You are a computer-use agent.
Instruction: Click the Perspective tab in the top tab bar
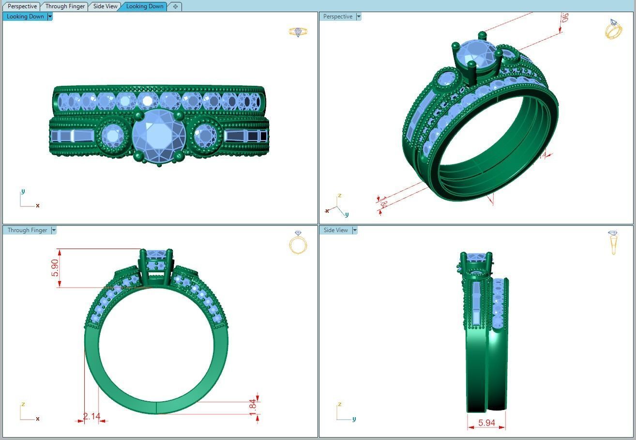[22, 6]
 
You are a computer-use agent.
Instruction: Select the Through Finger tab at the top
[65, 6]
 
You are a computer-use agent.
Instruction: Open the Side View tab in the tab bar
[105, 6]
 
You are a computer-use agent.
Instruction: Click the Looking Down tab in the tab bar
[144, 6]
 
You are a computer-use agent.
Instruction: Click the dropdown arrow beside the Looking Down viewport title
[50, 16]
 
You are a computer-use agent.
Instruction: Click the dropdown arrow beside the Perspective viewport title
[359, 16]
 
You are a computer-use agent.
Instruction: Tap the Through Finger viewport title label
[27, 230]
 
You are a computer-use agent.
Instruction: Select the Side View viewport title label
[335, 230]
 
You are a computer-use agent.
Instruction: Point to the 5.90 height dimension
[55, 268]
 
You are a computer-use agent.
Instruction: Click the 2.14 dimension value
[91, 416]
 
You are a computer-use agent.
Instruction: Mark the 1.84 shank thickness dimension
[252, 407]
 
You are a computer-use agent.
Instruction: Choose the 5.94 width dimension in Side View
[486, 423]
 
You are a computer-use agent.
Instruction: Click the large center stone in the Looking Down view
[159, 136]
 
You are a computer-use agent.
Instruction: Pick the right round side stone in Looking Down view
[205, 135]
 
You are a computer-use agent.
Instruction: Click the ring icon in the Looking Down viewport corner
[298, 32]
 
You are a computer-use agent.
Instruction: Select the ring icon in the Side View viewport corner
[613, 242]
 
